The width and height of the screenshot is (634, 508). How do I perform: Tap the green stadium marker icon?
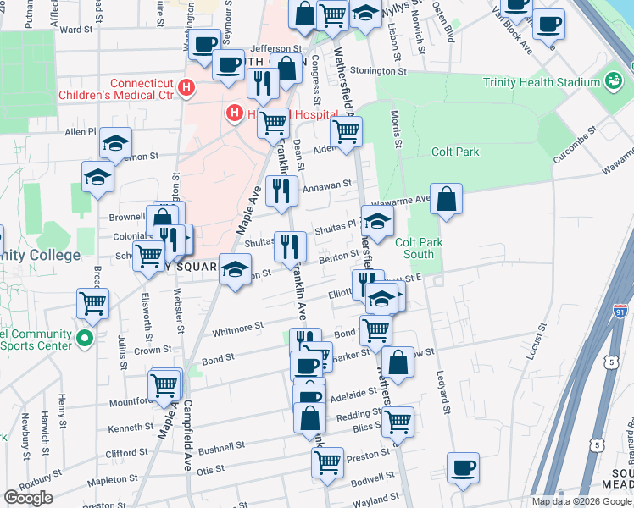click(613, 82)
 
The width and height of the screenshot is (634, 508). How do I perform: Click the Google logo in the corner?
click(29, 498)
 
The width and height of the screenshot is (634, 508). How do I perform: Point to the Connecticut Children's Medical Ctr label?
click(115, 90)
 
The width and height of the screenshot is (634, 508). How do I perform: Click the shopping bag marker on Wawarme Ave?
click(447, 201)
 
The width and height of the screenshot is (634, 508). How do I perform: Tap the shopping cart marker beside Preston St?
click(327, 462)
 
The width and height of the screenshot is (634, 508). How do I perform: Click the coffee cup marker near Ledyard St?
click(463, 467)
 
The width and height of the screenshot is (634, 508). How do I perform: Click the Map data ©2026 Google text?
click(581, 501)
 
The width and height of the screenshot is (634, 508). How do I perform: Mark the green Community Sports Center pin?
click(83, 340)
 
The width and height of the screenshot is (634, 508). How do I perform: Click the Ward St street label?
click(76, 29)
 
